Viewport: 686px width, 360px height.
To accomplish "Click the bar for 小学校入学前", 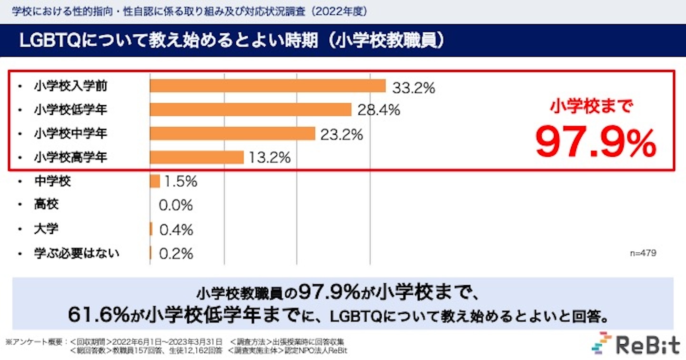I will pos(267,86).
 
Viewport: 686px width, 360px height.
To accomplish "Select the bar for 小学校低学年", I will pos(250,110).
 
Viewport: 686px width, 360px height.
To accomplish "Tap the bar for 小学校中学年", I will pos(232,134).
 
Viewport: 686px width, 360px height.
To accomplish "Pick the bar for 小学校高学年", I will pos(196,157).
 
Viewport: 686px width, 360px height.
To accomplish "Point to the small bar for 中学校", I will pos(155,181).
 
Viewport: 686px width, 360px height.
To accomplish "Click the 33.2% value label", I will pos(414,88).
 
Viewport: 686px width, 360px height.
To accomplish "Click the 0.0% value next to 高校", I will pos(176,206).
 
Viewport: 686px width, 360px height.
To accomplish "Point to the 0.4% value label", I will pos(176,230).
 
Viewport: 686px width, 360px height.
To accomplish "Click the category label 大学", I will pos(46,229).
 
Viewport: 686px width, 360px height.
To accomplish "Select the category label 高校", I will pos(46,205).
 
